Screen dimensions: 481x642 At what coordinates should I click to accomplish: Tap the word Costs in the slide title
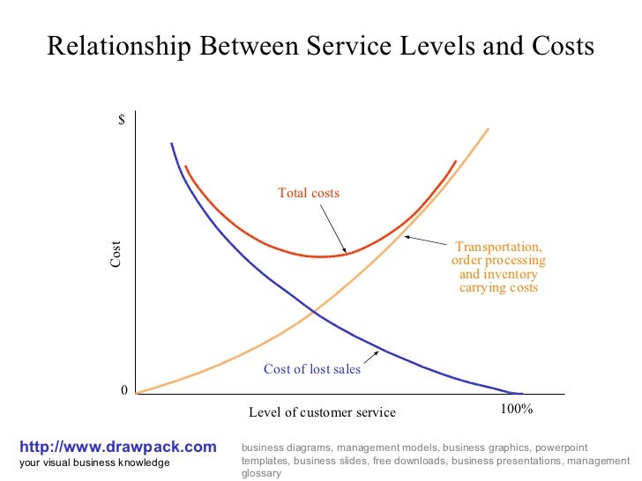[561, 46]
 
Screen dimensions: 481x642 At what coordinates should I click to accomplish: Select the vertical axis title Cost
[116, 255]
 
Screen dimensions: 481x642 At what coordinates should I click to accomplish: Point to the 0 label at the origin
[123, 391]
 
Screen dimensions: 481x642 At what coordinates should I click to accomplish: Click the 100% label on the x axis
[517, 410]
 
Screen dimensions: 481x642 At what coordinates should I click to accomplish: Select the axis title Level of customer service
[322, 412]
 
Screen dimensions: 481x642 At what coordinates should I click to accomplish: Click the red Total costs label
[309, 193]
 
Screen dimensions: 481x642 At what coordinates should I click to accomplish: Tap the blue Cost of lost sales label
[312, 369]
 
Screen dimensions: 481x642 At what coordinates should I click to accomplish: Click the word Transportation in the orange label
[498, 247]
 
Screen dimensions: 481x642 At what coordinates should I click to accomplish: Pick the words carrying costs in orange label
[498, 288]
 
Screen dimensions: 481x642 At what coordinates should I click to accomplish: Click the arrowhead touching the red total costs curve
[345, 251]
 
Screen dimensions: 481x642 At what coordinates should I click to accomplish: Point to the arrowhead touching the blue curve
[377, 353]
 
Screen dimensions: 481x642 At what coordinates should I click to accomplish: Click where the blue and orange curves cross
[314, 311]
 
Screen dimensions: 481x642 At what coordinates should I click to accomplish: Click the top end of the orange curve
[488, 129]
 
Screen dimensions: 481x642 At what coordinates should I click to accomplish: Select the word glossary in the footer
[261, 473]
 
